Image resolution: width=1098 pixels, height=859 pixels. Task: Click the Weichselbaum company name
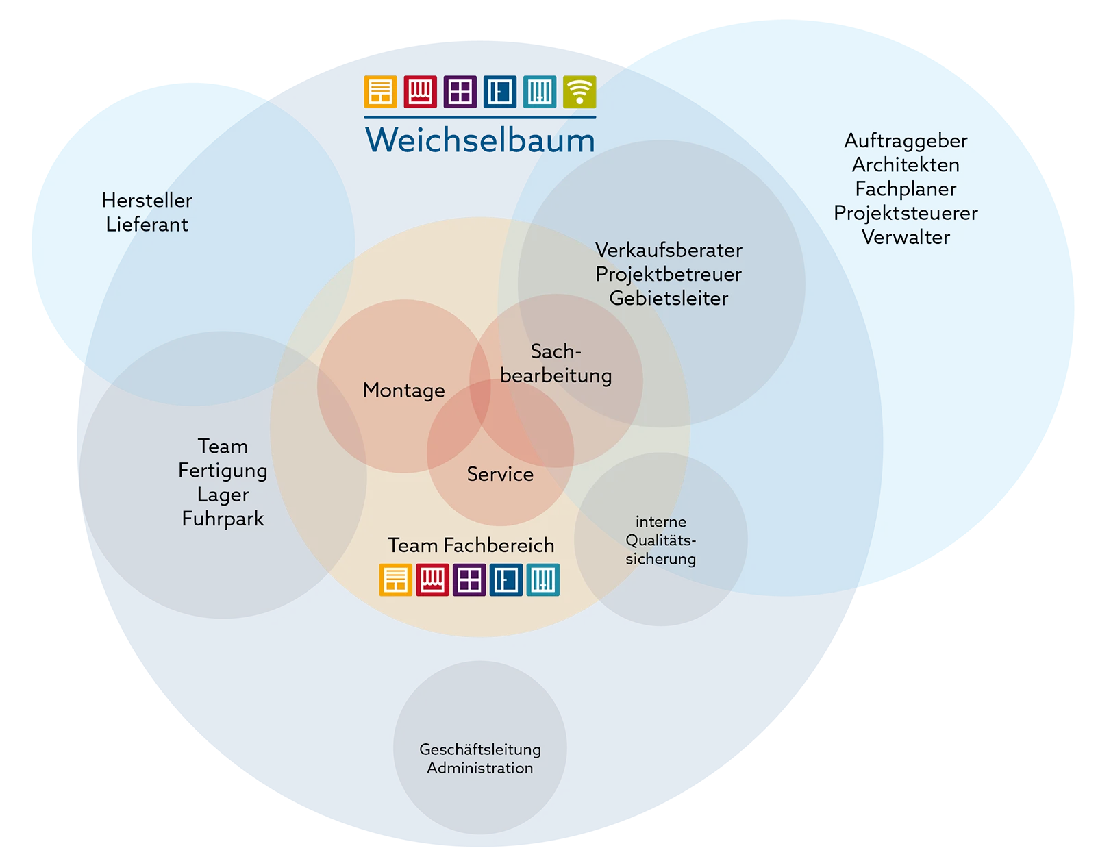[480, 140]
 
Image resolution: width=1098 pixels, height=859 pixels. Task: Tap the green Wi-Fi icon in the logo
[579, 92]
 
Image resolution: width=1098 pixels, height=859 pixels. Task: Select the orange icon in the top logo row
[380, 92]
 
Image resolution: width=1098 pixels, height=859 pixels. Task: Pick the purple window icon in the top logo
[460, 92]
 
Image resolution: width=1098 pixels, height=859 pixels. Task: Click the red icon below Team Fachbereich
[432, 580]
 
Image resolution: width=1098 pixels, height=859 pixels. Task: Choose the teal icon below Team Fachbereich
[542, 580]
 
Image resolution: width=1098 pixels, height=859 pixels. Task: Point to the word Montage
[403, 390]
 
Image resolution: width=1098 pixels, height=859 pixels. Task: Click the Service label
[500, 474]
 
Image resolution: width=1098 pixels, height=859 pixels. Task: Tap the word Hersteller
[147, 200]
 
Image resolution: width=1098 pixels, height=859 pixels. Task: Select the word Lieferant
[147, 225]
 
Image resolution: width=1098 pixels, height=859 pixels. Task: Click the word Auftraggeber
[906, 141]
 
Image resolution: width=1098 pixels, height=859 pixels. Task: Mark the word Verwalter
[906, 238]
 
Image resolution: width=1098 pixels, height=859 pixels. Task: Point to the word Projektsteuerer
[906, 213]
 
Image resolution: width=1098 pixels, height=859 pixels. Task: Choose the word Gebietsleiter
[669, 299]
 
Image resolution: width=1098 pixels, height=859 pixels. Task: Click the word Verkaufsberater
[669, 250]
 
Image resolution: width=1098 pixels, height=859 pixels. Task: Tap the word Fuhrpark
[223, 519]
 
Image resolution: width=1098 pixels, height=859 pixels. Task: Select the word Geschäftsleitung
[480, 749]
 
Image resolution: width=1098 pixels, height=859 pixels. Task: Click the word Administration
[480, 769]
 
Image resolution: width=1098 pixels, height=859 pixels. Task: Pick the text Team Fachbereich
[471, 545]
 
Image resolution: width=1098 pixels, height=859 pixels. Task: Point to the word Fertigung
[223, 471]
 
